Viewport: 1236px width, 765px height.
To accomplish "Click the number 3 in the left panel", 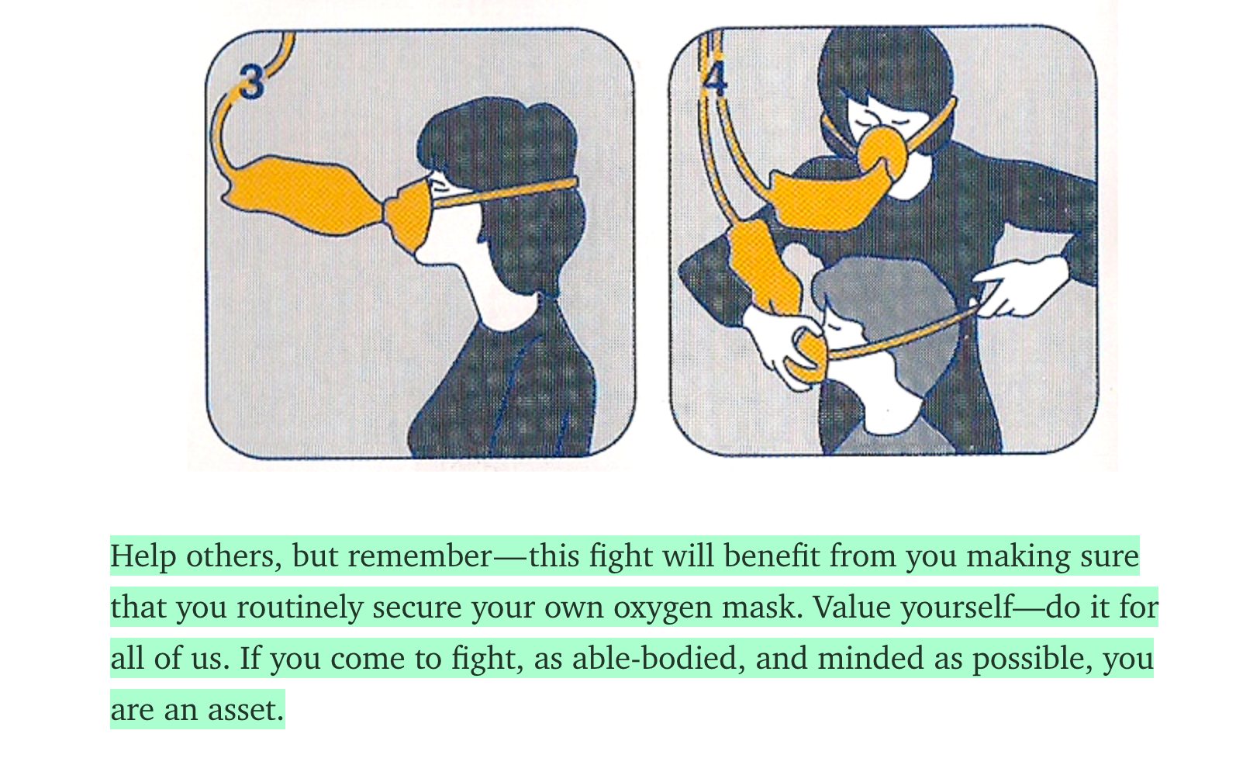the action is click(252, 81).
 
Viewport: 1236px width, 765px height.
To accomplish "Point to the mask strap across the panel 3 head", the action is click(505, 192).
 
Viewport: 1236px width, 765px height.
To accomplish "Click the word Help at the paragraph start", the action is click(143, 556).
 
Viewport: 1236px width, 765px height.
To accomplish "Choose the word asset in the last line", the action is click(246, 710).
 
